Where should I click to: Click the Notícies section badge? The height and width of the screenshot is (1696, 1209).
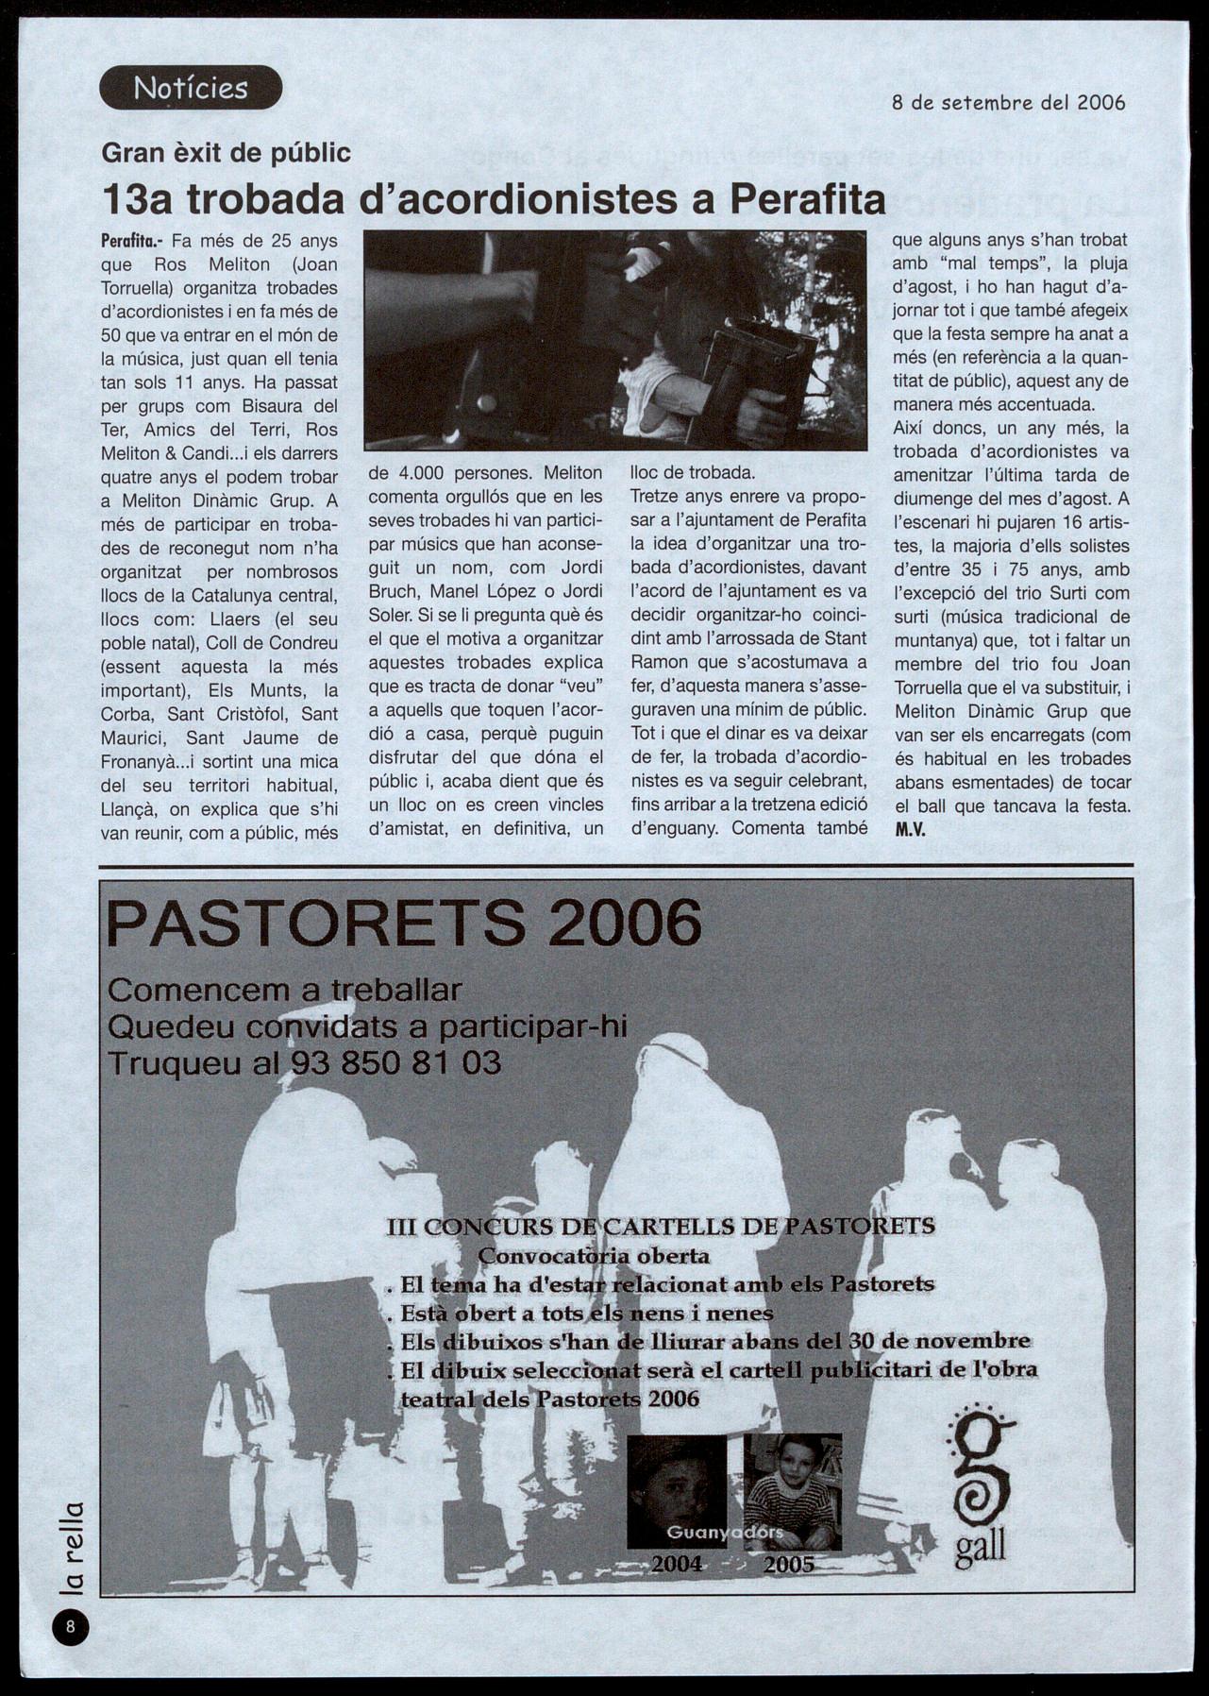point(191,88)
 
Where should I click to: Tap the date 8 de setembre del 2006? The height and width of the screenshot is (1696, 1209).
point(1008,102)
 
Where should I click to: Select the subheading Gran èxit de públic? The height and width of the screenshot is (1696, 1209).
point(226,152)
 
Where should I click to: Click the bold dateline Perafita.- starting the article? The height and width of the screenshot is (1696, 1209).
point(133,241)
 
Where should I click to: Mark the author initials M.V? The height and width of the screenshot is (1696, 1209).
point(910,830)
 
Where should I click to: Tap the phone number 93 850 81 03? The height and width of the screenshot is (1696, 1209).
point(395,1063)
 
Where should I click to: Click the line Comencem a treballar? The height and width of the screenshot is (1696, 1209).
point(284,990)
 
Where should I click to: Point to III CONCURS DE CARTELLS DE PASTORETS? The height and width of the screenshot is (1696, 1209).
point(661,1226)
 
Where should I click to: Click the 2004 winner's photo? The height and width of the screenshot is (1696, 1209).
point(677,1490)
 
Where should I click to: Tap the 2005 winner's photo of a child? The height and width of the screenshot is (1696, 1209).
point(792,1489)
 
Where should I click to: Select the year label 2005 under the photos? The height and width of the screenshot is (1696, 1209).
point(788,1564)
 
